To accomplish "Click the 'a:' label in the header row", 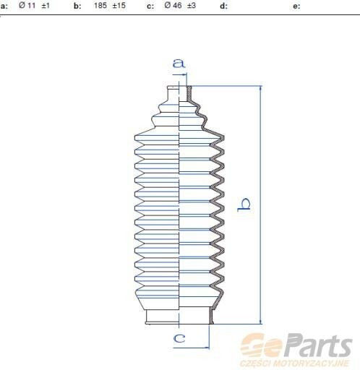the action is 4,6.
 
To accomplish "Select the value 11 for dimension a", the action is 31,5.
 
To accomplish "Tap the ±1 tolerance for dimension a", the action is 46,6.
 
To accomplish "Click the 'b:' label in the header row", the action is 77,6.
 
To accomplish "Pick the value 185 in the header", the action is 100,5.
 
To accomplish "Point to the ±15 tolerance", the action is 119,6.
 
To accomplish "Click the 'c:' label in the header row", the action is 150,6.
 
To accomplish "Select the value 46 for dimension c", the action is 177,5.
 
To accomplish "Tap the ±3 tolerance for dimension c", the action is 192,6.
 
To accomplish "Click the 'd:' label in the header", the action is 223,6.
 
